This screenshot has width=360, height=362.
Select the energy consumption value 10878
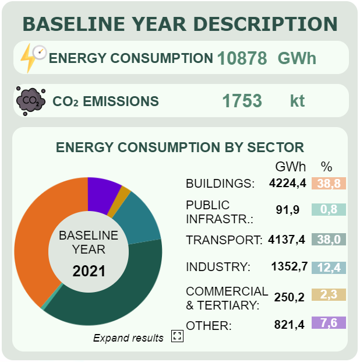click(x=242, y=58)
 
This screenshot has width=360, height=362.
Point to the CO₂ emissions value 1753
click(x=242, y=101)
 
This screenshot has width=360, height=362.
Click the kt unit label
click(x=297, y=101)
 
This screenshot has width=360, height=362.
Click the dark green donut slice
click(x=111, y=297)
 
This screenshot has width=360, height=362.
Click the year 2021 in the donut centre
click(x=89, y=271)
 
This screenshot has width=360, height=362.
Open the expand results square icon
click(x=177, y=336)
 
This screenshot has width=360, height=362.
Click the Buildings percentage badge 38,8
click(x=329, y=184)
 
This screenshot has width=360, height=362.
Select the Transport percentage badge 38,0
click(x=329, y=239)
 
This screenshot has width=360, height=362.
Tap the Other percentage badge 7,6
click(x=329, y=323)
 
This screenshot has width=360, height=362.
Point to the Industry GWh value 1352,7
click(x=288, y=267)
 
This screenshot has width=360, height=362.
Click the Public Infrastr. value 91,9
click(x=288, y=210)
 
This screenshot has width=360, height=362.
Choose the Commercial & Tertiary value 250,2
click(x=290, y=297)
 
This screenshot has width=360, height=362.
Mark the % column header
click(x=327, y=166)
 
